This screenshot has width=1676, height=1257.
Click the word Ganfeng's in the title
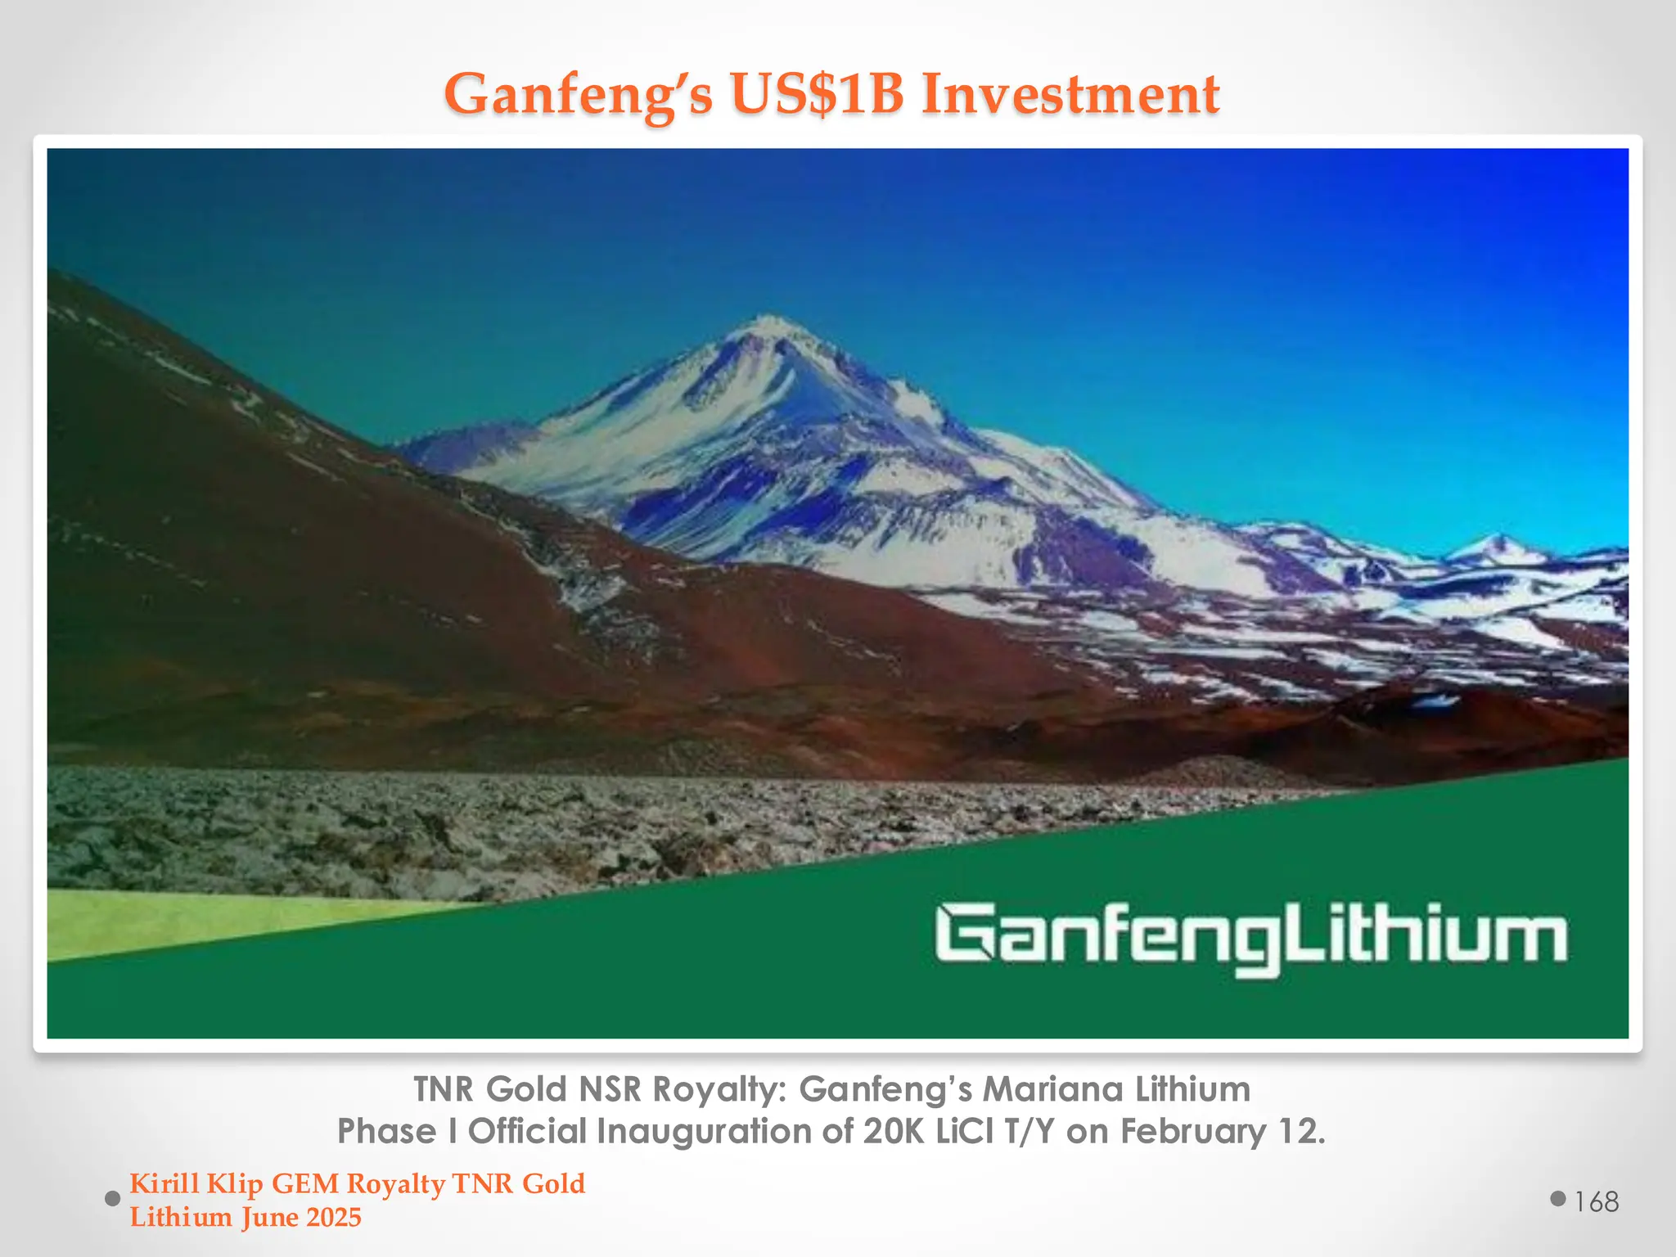pyautogui.click(x=578, y=94)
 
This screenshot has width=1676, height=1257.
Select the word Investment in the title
pyautogui.click(x=1070, y=94)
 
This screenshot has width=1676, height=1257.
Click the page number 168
pyautogui.click(x=1596, y=1201)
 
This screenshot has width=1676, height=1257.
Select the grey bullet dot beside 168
pyautogui.click(x=1558, y=1199)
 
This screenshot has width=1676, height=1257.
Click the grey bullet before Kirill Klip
pyautogui.click(x=113, y=1199)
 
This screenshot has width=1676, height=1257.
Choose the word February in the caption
pyautogui.click(x=1193, y=1131)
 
